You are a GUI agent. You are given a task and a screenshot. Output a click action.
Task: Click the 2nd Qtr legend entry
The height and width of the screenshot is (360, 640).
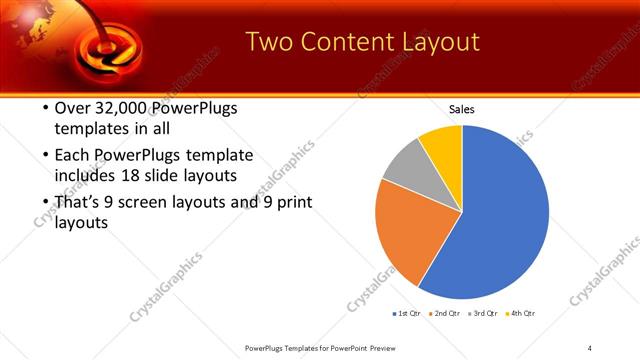coord(443,314)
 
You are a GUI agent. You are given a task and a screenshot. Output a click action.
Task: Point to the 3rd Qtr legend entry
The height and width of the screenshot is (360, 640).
coord(480,314)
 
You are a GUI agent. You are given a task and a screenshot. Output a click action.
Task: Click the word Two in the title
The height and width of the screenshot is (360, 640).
coord(269,42)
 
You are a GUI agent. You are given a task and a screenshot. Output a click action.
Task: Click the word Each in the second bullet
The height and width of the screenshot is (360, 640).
coord(71,156)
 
